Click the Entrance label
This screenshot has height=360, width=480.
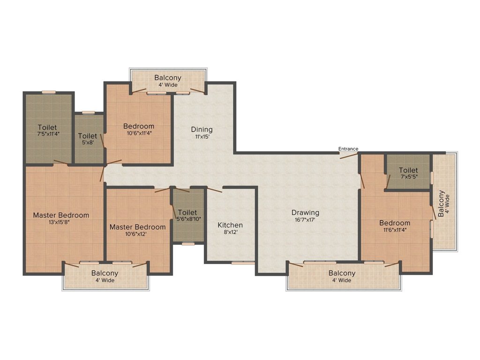(x=348, y=149)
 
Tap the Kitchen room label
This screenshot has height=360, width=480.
(x=230, y=225)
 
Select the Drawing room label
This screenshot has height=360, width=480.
(x=305, y=212)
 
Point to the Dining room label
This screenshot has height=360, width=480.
(x=202, y=129)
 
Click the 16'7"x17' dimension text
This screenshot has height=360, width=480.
(x=305, y=219)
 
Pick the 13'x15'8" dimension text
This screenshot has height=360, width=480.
(x=61, y=222)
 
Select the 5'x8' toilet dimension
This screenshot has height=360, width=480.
(x=88, y=142)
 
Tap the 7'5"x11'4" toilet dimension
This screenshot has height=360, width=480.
(x=47, y=134)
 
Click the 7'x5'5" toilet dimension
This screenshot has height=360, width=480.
(x=408, y=177)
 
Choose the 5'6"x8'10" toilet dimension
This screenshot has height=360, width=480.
(x=187, y=219)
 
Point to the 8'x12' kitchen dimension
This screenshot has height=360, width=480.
(x=230, y=232)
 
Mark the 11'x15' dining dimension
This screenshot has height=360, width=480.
(x=202, y=137)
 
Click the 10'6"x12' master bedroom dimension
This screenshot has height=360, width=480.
(x=137, y=234)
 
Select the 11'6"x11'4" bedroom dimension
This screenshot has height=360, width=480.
(x=395, y=230)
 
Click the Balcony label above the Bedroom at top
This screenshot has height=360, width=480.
(x=168, y=78)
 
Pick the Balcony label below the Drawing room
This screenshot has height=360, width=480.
(x=342, y=273)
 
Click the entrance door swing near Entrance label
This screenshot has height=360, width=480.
(x=349, y=155)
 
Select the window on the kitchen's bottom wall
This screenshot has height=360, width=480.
(x=243, y=263)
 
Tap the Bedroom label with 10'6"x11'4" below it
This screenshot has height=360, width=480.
(x=139, y=126)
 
